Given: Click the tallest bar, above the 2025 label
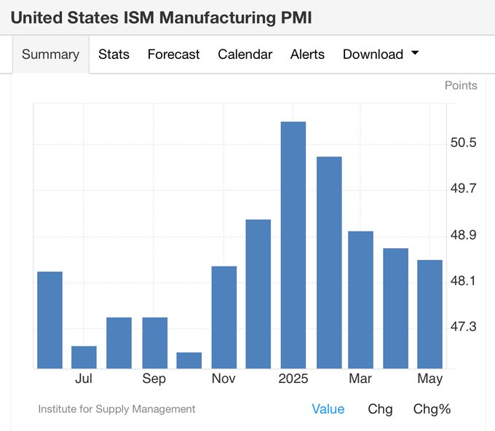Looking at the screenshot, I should [293, 245].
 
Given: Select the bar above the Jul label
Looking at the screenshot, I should [84, 357].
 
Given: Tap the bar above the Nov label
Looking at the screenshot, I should [224, 317].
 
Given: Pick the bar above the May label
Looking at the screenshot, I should [429, 314].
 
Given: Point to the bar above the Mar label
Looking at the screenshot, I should [360, 300].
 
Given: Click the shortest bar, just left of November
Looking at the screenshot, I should [189, 360].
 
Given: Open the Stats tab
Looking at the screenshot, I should [114, 54].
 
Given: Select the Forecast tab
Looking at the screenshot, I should [173, 54].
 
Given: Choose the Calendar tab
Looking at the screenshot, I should [245, 54].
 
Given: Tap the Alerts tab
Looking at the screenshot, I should [307, 54].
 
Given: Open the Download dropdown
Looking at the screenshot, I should [381, 54].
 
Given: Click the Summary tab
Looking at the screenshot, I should [50, 54].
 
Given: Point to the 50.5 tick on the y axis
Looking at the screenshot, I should [463, 143].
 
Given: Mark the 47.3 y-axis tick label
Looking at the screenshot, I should [463, 327].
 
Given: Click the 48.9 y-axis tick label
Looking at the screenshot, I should [463, 235].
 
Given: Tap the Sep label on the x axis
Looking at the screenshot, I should [154, 379].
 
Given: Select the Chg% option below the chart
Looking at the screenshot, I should [432, 409].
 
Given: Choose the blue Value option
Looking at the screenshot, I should [328, 409].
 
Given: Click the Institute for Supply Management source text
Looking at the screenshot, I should [116, 409].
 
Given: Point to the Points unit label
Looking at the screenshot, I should [461, 85].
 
